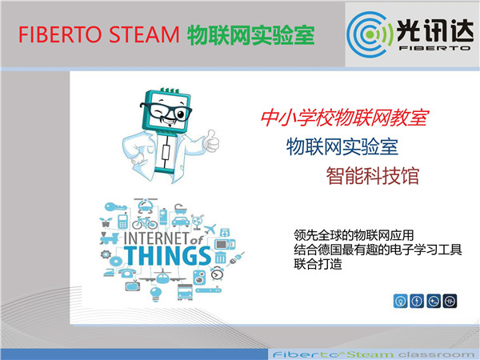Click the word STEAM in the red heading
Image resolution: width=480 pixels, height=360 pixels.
coord(144,34)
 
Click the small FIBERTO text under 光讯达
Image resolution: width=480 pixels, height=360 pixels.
coord(434,48)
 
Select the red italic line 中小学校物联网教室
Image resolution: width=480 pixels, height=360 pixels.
coord(345,118)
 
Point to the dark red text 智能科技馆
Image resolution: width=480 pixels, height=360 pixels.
coord(373,176)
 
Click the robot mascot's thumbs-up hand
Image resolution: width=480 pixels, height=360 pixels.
coord(212,141)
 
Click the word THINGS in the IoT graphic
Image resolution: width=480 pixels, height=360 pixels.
coord(167,256)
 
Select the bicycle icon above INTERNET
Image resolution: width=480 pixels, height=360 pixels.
coord(145,223)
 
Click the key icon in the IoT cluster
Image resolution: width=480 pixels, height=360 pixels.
coord(115,207)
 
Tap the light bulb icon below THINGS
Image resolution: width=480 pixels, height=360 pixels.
coord(155,294)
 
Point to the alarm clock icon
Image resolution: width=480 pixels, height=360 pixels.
coord(217,273)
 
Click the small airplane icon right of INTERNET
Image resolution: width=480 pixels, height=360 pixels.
coord(210,229)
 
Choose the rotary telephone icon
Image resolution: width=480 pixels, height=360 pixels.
coord(126,272)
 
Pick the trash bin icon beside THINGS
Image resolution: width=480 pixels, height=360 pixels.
coord(221,258)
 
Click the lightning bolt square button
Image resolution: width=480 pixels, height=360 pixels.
coord(417,301)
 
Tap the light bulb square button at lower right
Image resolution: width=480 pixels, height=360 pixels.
coord(401,301)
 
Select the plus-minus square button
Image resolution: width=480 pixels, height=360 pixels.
coord(434,301)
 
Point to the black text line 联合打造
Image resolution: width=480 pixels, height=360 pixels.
coord(318,264)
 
